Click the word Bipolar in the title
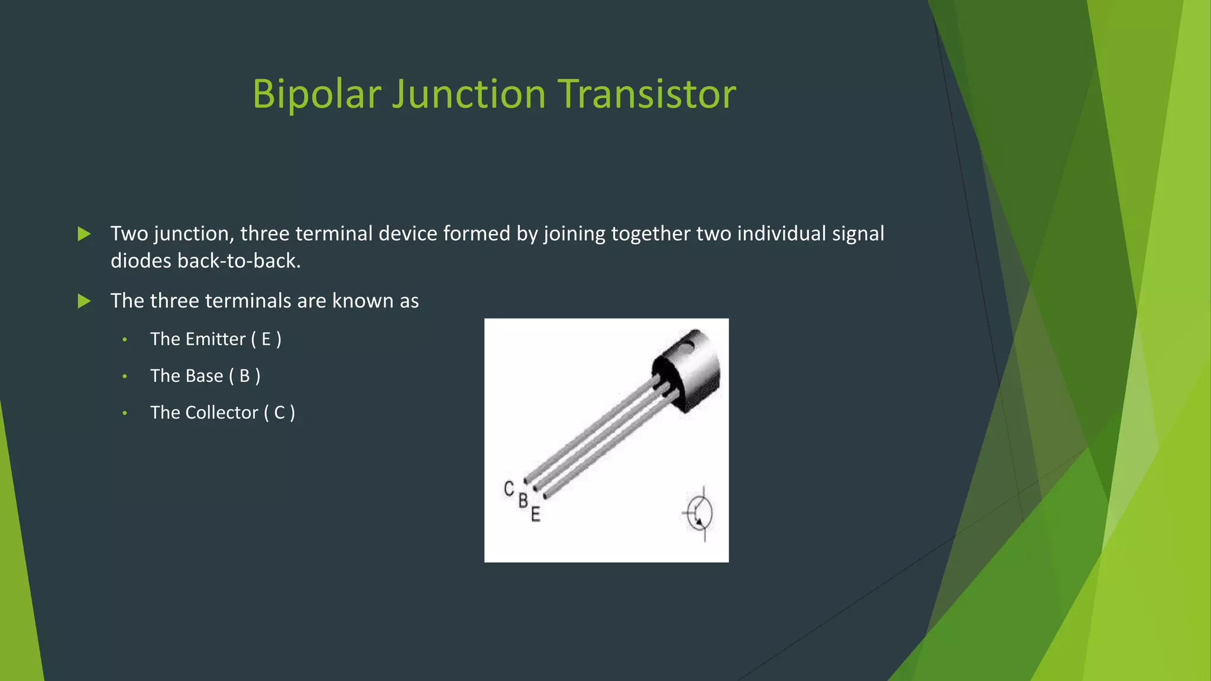(x=316, y=95)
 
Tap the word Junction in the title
(x=468, y=95)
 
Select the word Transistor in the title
(x=647, y=95)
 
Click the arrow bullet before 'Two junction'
(x=85, y=234)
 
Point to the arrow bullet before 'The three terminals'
(x=85, y=301)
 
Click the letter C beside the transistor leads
(x=509, y=489)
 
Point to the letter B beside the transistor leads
(x=523, y=501)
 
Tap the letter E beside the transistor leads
(x=535, y=514)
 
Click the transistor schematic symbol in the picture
(x=699, y=513)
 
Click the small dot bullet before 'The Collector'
(x=125, y=413)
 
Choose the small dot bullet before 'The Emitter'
(x=125, y=340)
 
